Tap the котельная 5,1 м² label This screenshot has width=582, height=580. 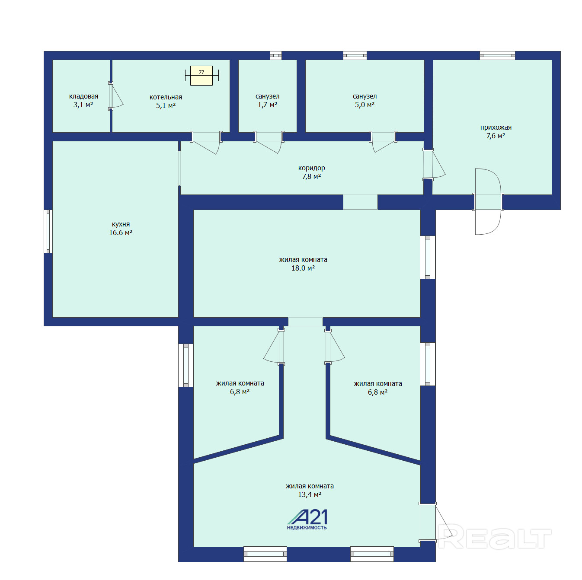pyautogui.click(x=166, y=102)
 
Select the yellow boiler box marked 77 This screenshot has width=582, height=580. pyautogui.click(x=201, y=76)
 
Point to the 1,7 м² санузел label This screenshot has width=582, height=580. pyautogui.click(x=267, y=101)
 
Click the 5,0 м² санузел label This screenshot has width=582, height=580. pyautogui.click(x=365, y=101)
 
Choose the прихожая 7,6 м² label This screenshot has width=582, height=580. pyautogui.click(x=496, y=132)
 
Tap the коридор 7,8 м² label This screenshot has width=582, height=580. pyautogui.click(x=311, y=172)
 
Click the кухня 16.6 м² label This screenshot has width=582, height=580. pyautogui.click(x=121, y=228)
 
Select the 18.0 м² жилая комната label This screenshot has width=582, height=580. pyautogui.click(x=303, y=264)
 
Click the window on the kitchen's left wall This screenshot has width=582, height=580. pyautogui.click(x=48, y=231)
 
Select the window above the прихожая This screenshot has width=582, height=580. pyautogui.click(x=497, y=56)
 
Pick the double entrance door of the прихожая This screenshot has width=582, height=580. pyautogui.click(x=488, y=201)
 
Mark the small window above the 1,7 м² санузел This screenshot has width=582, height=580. pyautogui.click(x=275, y=56)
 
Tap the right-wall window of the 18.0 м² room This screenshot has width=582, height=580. pyautogui.click(x=427, y=257)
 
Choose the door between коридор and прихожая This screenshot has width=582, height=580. pyautogui.click(x=433, y=165)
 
